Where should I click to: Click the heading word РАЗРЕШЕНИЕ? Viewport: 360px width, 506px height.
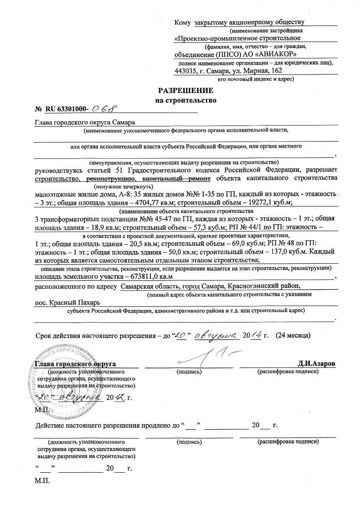pyautogui.click(x=186, y=91)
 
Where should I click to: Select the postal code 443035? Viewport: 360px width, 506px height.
pyautogui.click(x=186, y=71)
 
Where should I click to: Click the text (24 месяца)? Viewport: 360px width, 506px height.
pyautogui.click(x=292, y=335)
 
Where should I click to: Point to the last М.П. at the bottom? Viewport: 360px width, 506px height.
pyautogui.click(x=42, y=481)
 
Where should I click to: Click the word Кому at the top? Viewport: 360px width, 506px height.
pyautogui.click(x=182, y=22)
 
